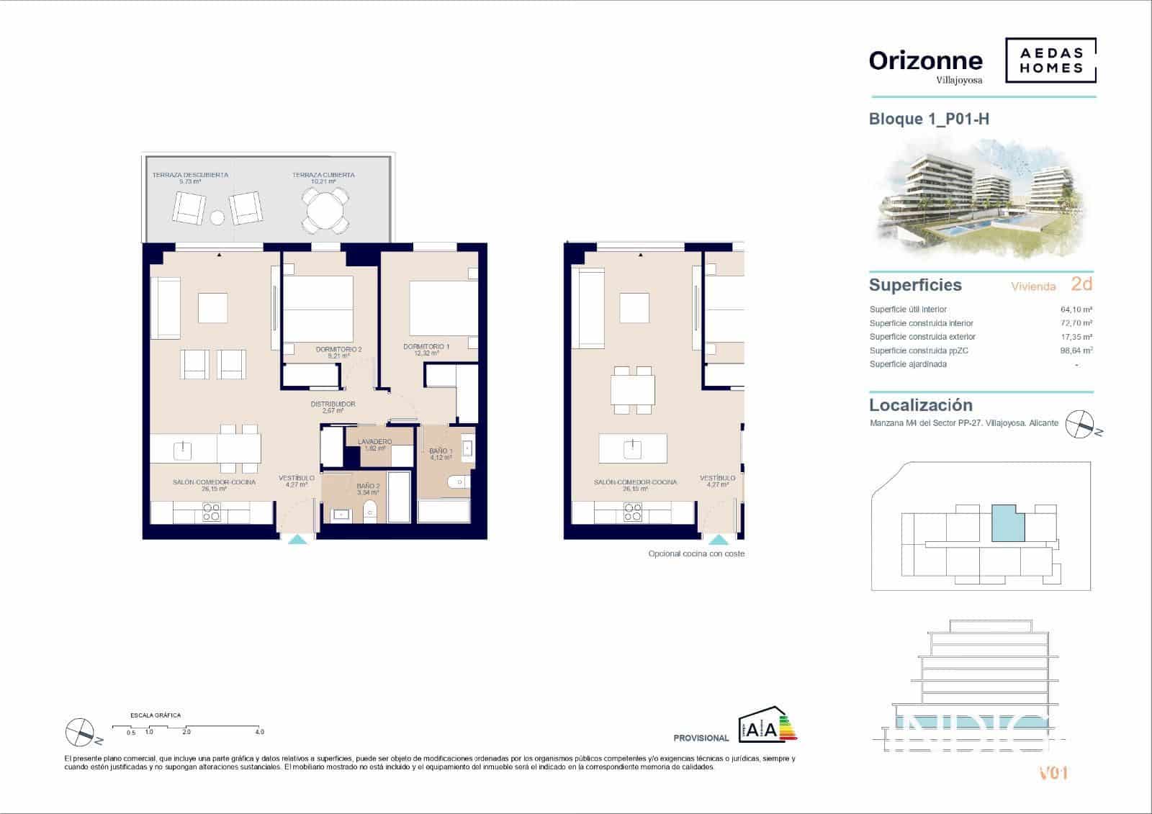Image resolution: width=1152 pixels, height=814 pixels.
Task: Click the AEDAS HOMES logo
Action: pos(1050,61)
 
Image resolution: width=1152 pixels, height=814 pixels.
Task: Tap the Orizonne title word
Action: pos(925,61)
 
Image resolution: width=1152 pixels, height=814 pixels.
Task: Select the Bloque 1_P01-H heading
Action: pos(929,119)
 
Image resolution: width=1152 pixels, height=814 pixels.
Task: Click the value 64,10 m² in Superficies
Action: pos(1076,309)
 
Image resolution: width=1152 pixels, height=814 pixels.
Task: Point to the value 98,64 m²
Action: pos(1076,351)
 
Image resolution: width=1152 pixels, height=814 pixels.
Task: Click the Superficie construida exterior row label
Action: pos(922,337)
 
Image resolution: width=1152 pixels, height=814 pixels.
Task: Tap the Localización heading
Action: pos(920,405)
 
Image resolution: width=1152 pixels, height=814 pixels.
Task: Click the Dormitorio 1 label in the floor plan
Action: pos(426,347)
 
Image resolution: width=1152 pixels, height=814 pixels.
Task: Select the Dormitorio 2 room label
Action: pos(338,350)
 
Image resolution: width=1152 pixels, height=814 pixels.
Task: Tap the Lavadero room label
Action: pos(374,442)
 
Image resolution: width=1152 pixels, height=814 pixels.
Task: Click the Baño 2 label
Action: pos(367,487)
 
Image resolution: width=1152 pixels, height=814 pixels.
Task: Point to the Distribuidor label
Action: pos(333,404)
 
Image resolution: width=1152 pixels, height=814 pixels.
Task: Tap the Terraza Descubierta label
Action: pos(190,175)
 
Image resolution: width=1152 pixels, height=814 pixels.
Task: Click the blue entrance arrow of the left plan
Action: pos(297,539)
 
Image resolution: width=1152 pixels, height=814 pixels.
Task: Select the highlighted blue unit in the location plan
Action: pos(1007,523)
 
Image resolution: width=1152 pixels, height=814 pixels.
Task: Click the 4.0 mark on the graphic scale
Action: pos(259,732)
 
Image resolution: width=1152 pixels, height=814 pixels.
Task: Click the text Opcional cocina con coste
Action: pos(696,553)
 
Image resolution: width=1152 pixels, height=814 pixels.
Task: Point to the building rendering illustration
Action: pos(981,198)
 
